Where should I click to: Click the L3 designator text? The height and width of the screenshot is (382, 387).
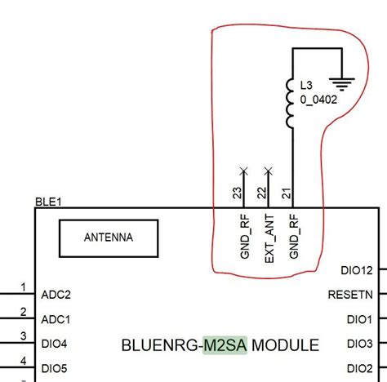point(307,84)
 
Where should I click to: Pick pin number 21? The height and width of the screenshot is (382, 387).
point(286,193)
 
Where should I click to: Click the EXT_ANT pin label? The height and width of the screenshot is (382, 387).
point(269,237)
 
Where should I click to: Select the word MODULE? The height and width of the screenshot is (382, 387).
point(285,345)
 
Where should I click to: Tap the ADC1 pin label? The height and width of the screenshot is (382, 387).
point(56,319)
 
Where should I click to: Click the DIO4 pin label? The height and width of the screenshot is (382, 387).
point(54,344)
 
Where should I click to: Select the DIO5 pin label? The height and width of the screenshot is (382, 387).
point(54,368)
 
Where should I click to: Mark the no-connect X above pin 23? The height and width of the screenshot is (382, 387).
point(242,171)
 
